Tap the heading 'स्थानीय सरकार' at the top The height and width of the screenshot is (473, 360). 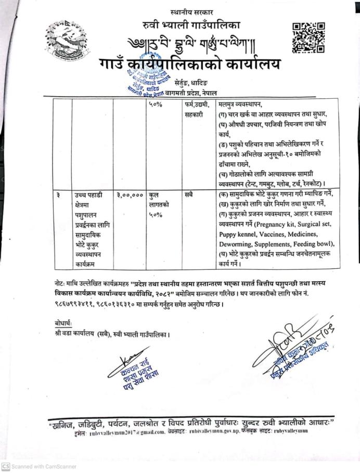click(191, 11)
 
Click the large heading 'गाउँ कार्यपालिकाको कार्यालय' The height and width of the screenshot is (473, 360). click(189, 65)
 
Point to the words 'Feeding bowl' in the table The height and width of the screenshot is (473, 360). click(312, 243)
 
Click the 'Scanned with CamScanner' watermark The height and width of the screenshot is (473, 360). click(40, 467)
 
